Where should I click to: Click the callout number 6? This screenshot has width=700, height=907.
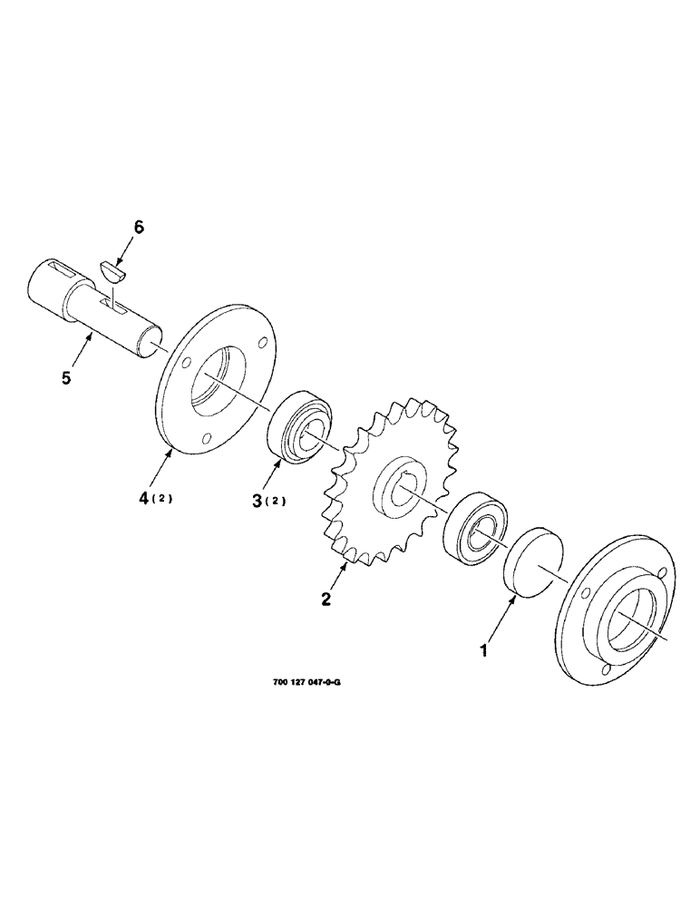click(x=139, y=227)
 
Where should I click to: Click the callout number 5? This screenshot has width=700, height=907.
click(x=66, y=378)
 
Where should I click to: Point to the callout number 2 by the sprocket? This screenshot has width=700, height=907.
click(x=326, y=599)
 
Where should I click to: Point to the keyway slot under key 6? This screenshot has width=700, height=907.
click(x=115, y=309)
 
